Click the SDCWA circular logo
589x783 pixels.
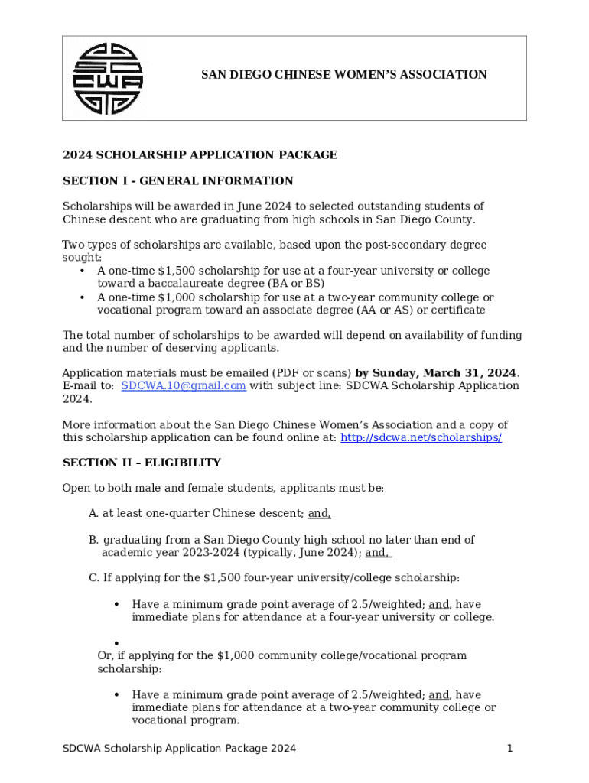pos(108,79)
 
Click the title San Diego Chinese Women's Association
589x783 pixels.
pos(343,75)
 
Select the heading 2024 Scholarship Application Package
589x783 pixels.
pos(200,155)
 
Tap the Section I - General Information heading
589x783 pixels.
pos(177,181)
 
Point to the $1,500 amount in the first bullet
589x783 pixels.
pos(174,271)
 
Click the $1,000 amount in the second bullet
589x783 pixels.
pos(174,297)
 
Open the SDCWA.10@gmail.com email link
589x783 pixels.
pos(184,386)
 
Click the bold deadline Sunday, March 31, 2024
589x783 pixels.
pos(436,373)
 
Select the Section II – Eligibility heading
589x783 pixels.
pos(142,463)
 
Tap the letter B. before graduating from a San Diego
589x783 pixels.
pos(93,540)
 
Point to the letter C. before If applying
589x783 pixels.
pos(93,578)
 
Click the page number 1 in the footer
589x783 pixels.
pos(509,749)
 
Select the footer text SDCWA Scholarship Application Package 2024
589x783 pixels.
pos(179,749)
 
